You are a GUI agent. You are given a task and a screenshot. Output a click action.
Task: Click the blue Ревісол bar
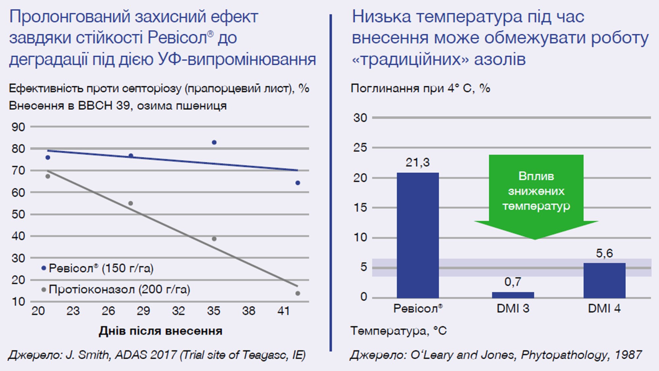tap(417, 235)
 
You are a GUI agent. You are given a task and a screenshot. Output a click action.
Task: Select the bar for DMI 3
tap(513, 295)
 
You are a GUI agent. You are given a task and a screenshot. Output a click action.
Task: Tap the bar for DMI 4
tap(604, 280)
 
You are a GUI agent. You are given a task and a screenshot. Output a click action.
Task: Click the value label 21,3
tap(417, 163)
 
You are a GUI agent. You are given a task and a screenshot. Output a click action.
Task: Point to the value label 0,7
tap(513, 282)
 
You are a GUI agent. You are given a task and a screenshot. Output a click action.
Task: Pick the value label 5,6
tap(604, 253)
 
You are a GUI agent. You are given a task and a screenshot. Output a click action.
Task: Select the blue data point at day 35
tap(214, 142)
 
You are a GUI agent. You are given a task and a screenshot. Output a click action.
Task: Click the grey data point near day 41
tap(298, 293)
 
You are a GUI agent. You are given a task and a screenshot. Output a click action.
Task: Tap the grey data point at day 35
tap(214, 239)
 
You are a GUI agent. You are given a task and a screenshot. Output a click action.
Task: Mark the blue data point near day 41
tap(298, 183)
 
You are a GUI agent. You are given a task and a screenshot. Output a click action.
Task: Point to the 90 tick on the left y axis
tap(18, 127)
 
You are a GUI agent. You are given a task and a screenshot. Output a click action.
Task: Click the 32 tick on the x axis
tap(178, 311)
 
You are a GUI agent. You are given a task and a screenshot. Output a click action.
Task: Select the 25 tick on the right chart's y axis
tap(360, 148)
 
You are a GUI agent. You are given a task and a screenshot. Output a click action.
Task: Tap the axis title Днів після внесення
tap(160, 331)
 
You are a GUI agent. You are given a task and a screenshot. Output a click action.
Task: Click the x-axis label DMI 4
tap(604, 309)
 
